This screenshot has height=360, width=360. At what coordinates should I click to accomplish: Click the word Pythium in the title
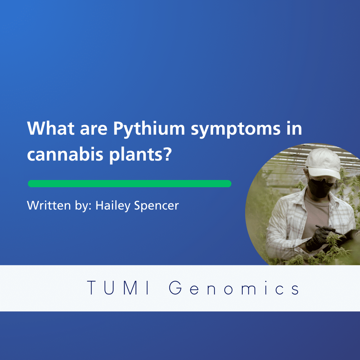149,129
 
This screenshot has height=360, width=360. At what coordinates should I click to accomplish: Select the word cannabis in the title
65,154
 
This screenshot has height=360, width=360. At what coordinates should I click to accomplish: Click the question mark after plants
168,153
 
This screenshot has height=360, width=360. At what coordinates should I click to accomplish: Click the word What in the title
51,128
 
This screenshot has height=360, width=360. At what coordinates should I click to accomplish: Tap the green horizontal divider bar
130,184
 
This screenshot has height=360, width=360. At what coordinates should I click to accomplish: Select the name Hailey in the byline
113,206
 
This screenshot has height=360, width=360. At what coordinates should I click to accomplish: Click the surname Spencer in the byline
156,206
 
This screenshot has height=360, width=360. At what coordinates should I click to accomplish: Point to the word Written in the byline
49,205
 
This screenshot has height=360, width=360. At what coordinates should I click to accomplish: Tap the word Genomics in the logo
234,287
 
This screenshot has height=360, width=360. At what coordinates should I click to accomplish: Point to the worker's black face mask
320,188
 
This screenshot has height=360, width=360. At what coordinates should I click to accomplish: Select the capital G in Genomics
175,287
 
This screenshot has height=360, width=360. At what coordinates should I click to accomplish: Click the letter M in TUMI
131,287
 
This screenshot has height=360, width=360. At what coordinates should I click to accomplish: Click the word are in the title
94,130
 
